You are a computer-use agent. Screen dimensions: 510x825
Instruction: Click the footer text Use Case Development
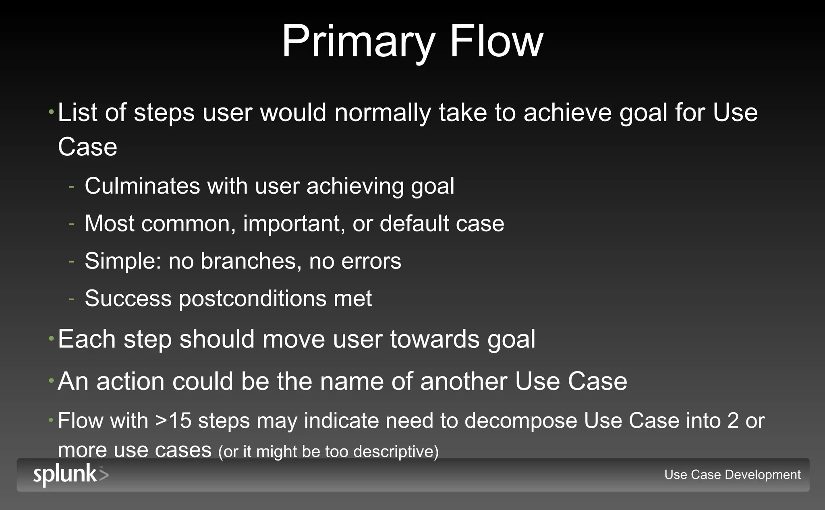(x=732, y=475)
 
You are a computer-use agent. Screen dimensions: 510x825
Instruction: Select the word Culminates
(x=142, y=186)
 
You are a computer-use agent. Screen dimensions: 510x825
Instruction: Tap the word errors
(x=371, y=261)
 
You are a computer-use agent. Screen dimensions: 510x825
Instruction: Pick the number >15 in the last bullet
(x=173, y=421)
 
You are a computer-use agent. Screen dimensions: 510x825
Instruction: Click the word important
(x=294, y=224)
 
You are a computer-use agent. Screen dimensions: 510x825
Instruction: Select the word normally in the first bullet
(x=382, y=113)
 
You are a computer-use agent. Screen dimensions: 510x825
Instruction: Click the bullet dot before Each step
(x=51, y=339)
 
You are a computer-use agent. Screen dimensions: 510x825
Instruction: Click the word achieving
(x=354, y=186)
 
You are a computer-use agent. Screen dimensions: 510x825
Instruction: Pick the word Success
(x=128, y=299)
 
